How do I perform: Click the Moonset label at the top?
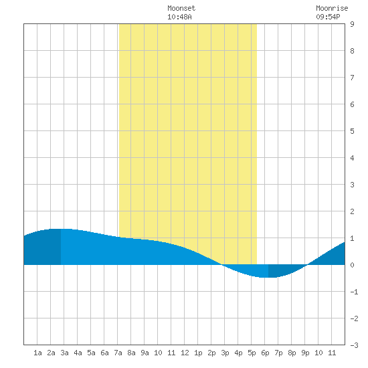[x=181, y=8]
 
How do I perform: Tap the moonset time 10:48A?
[x=179, y=17]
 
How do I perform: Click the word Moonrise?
[x=332, y=8]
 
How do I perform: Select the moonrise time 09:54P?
[x=328, y=17]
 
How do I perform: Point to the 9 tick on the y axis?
[x=352, y=24]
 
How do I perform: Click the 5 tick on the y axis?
[x=352, y=131]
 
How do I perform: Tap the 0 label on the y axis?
[x=352, y=265]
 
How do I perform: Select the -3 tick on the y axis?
[x=354, y=345]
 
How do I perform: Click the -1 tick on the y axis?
[x=354, y=292]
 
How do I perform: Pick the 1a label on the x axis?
[x=37, y=353]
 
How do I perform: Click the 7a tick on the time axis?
[x=118, y=353]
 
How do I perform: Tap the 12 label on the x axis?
[x=185, y=353]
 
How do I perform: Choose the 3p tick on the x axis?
[x=225, y=353]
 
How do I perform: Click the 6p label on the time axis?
[x=265, y=353]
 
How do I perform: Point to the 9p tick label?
[x=305, y=353]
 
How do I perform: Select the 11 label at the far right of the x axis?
[x=332, y=353]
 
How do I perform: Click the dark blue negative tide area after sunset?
[x=282, y=270]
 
